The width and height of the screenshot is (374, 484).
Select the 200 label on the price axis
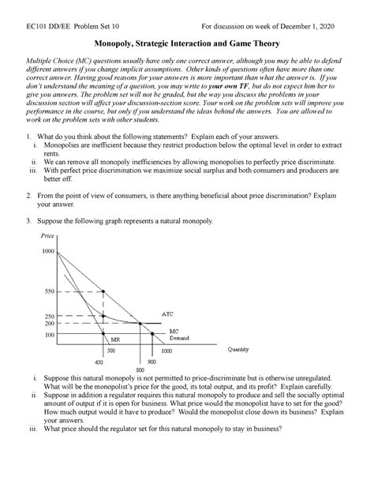pyautogui.click(x=52, y=324)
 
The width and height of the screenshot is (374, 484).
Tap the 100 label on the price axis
pyautogui.click(x=52, y=336)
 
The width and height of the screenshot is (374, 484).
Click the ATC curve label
pyautogui.click(x=167, y=313)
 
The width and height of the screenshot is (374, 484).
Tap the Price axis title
pyautogui.click(x=48, y=235)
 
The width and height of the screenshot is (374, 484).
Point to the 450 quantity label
pyautogui.click(x=99, y=362)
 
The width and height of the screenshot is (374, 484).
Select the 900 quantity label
pyautogui.click(x=151, y=362)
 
